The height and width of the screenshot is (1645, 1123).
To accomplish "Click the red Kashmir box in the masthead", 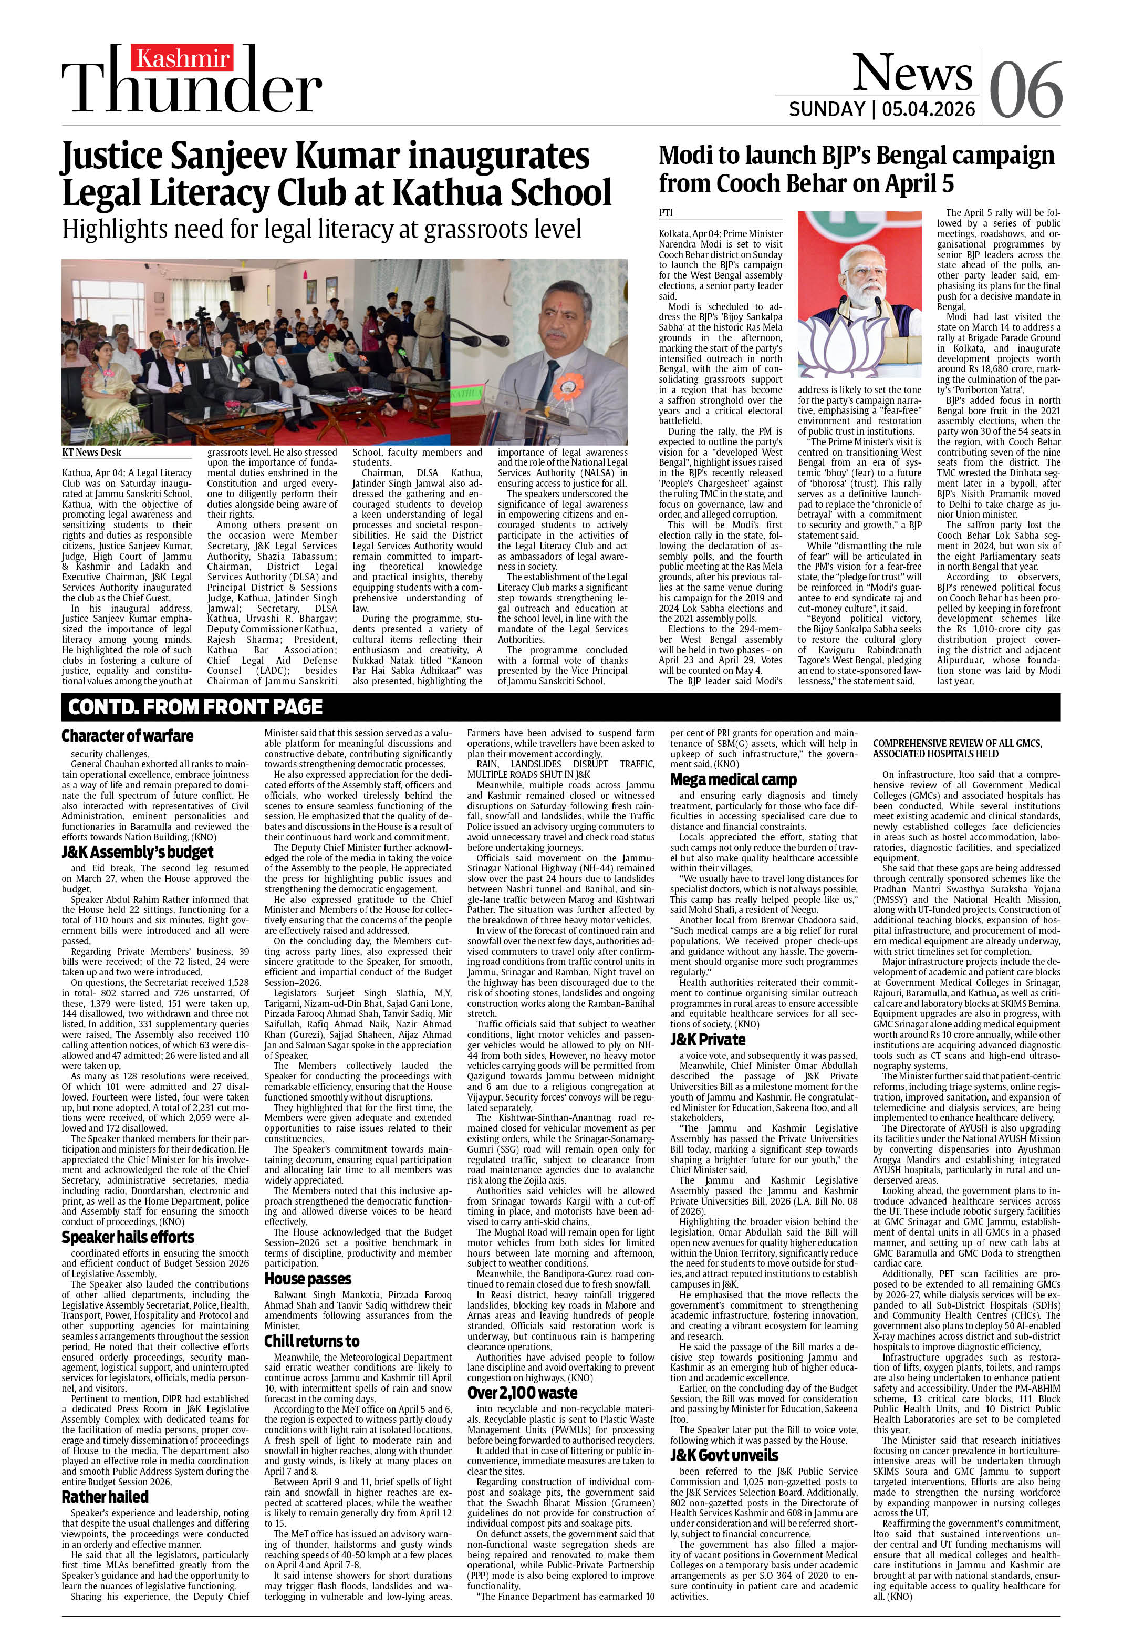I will [183, 59].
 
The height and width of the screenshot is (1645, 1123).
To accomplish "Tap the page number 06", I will [1025, 90].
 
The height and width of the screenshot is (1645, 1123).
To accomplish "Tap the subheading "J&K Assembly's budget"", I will [137, 852].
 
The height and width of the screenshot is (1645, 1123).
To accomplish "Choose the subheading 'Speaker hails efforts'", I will [127, 1237].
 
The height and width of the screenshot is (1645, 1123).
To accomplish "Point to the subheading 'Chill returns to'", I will [312, 1341].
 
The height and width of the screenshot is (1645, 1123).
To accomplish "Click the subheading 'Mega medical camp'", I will [734, 779].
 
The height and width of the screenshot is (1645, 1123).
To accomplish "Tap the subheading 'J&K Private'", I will [708, 1040].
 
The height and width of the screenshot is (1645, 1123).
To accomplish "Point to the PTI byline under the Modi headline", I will [665, 212].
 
